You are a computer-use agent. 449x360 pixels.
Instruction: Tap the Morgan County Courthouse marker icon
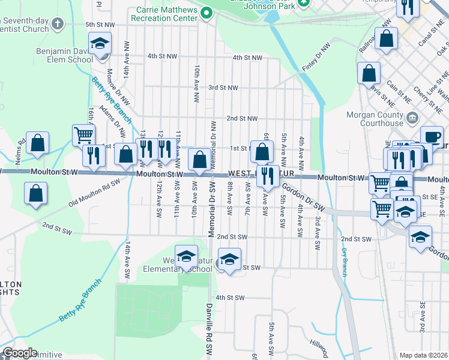click(x=412, y=117)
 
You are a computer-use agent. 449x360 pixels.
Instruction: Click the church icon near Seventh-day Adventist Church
click(x=57, y=24)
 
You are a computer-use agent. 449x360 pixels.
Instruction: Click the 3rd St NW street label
click(x=223, y=88)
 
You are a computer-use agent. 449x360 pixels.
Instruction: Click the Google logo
click(x=20, y=353)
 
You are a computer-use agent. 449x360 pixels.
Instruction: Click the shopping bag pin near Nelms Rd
click(x=37, y=143)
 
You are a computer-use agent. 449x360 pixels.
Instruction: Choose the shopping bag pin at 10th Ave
click(x=199, y=160)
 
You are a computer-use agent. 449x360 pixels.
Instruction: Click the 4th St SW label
click(x=231, y=298)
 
